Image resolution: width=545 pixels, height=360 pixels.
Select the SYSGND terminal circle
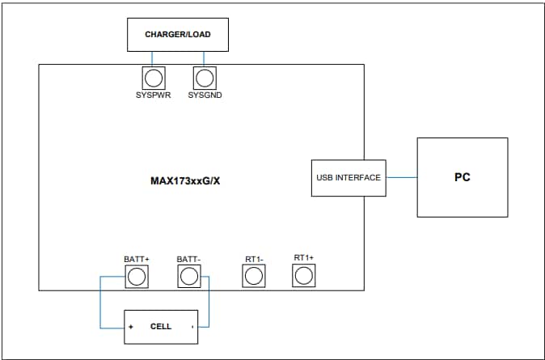[x=205, y=78]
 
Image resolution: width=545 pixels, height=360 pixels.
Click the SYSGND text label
[x=205, y=95]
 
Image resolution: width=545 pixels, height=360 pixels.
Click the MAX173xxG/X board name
[x=185, y=180]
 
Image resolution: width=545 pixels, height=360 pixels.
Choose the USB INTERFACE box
[x=348, y=178]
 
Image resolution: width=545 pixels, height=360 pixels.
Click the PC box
[x=462, y=176]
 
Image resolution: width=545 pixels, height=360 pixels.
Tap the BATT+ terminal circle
[x=137, y=277]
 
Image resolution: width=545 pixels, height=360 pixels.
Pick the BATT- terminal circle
[x=188, y=277]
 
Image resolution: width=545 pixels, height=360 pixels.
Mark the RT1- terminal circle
[x=255, y=277]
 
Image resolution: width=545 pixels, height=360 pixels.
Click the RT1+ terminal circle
[x=303, y=276]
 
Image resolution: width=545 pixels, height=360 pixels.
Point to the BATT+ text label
[x=137, y=259]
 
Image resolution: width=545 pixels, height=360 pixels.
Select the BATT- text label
[x=188, y=259]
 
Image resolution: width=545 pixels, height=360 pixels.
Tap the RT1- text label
[x=255, y=259]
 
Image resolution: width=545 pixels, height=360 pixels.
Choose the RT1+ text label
[x=304, y=257]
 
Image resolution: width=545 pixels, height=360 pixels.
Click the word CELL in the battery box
[x=161, y=327]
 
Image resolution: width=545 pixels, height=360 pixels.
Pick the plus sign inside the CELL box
[x=130, y=328]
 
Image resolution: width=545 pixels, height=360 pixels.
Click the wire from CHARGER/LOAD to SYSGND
[x=205, y=58]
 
